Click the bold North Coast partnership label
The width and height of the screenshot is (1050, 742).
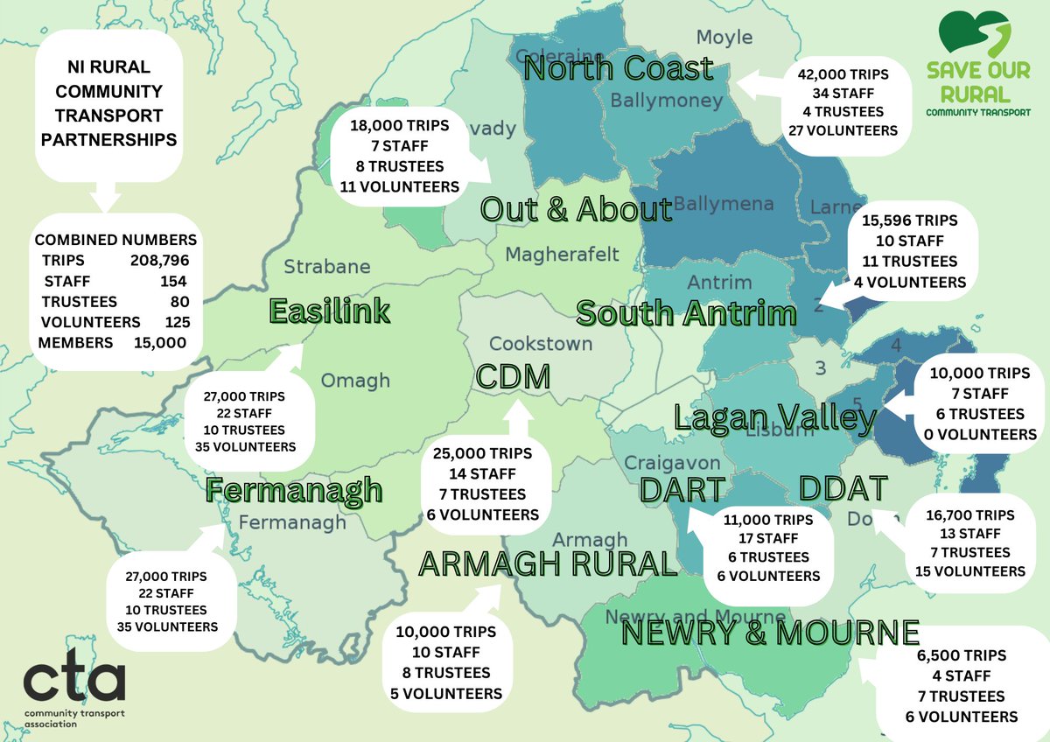[x=618, y=68]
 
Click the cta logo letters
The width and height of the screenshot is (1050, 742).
[x=74, y=682]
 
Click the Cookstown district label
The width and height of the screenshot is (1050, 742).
[x=541, y=344]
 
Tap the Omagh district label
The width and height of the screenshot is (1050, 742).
[x=355, y=381]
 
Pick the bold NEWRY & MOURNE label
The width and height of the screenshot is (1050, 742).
[x=770, y=632]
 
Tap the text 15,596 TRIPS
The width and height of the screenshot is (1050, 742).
[x=910, y=220]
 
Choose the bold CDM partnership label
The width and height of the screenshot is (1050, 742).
[x=513, y=377]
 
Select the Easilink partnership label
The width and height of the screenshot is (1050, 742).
[x=329, y=311]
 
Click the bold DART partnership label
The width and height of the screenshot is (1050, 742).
[x=682, y=491]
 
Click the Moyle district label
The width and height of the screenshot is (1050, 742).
[x=724, y=37]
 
